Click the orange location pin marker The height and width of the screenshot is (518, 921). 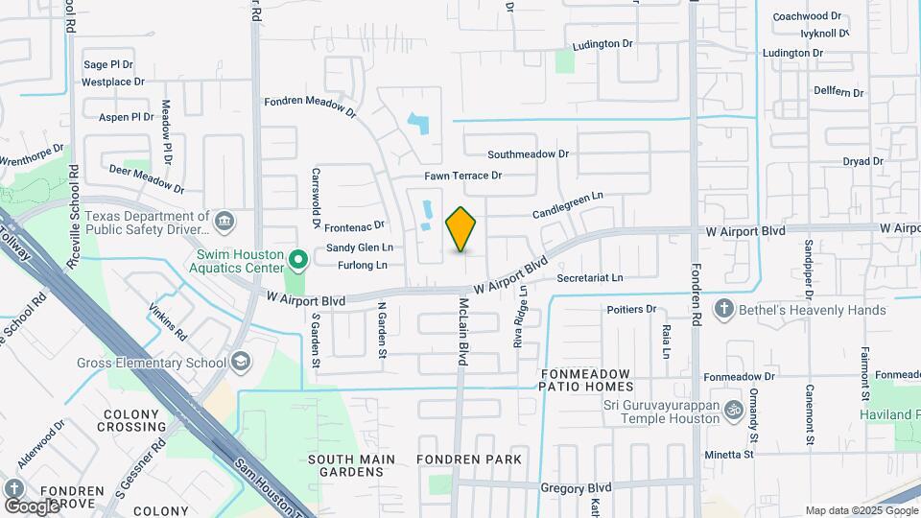point(461,228)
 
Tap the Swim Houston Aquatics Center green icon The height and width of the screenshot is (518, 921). point(298,260)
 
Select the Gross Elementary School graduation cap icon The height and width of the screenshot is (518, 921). point(240,362)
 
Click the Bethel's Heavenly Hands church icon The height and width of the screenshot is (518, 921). point(723,309)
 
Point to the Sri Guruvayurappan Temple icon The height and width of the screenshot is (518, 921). point(734,409)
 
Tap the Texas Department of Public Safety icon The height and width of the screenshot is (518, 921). point(224,223)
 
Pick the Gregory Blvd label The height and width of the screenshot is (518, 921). point(576,488)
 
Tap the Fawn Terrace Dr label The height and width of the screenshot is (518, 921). point(463,177)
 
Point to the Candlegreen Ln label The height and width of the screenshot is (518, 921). point(568,203)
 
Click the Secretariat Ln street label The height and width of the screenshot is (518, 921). point(590,278)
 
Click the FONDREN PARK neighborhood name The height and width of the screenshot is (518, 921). point(470,459)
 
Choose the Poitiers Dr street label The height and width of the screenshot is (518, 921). point(631,310)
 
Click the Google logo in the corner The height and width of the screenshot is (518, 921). point(32,506)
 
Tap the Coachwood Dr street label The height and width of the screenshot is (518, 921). point(807,16)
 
